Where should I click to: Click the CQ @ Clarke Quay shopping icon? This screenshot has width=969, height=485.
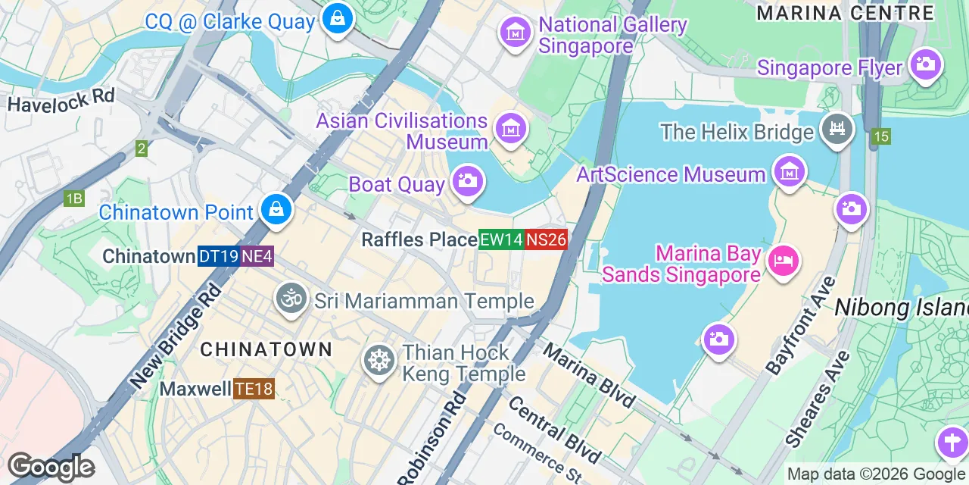click(x=337, y=19)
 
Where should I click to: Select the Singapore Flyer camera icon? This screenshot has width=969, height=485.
click(x=925, y=64)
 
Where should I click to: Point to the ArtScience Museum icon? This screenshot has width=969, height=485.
click(x=790, y=171)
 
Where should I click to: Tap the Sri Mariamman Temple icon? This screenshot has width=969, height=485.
click(x=291, y=299)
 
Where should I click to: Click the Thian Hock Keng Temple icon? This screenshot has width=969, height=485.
click(x=379, y=359)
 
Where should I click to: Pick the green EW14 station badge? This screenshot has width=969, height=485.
click(x=501, y=239)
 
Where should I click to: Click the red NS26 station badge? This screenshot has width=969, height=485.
click(x=546, y=239)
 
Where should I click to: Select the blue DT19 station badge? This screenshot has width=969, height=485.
click(x=219, y=256)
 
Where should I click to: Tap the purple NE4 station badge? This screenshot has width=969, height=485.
click(x=257, y=256)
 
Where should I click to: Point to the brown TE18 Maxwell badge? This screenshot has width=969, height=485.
click(x=254, y=390)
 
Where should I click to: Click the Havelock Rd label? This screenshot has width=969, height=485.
click(x=61, y=99)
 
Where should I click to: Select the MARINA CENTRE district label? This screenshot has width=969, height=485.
click(x=845, y=13)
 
